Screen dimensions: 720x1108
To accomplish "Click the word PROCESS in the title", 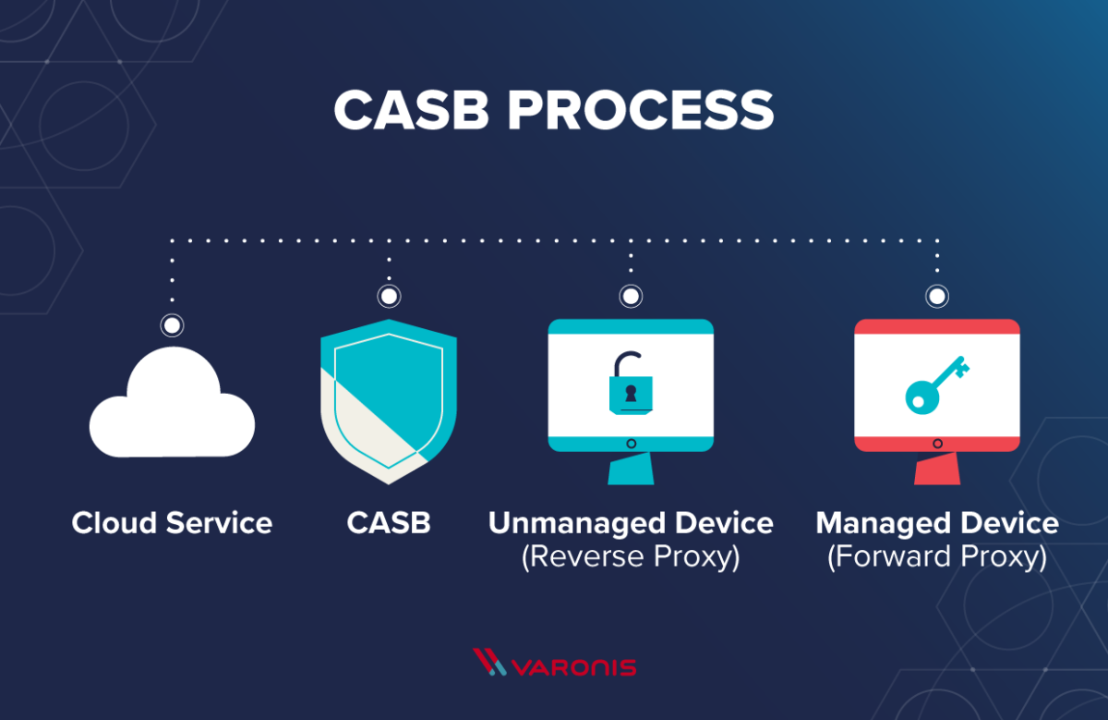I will [639, 110].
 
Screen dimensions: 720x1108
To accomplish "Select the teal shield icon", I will [389, 397].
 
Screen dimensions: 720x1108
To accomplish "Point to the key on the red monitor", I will [935, 384].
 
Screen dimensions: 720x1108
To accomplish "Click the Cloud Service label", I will [172, 523].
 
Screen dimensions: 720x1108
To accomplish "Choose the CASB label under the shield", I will [389, 523].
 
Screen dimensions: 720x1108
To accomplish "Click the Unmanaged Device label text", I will [631, 523].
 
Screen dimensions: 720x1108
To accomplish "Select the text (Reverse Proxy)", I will [631, 557].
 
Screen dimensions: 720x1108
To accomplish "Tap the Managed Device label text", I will [937, 523].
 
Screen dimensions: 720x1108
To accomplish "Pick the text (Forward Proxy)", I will [937, 557].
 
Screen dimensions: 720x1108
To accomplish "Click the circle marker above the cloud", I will [172, 325].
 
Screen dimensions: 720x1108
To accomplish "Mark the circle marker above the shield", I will [389, 297].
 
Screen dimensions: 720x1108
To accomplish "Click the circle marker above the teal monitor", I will [631, 297].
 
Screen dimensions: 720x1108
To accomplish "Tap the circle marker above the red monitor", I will [937, 297].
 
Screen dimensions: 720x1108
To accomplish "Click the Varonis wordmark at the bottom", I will [573, 665].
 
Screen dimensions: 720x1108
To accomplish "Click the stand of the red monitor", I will [937, 470].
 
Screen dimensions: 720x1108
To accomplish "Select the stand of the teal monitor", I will [631, 470].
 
